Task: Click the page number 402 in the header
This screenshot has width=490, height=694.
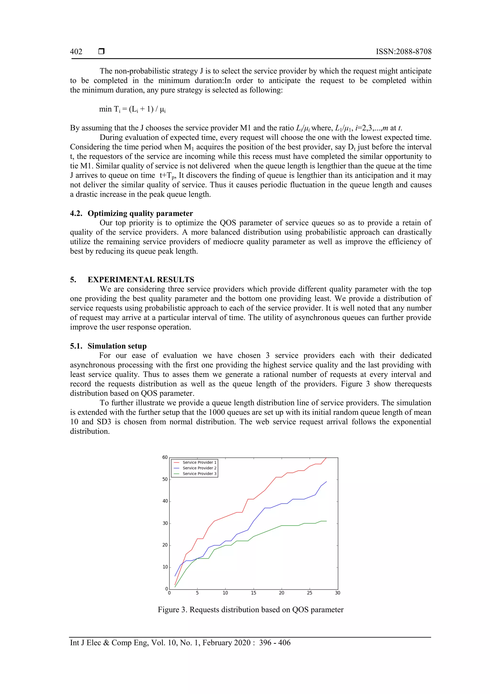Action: click(76, 52)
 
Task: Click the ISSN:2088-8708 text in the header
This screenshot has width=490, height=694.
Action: click(403, 52)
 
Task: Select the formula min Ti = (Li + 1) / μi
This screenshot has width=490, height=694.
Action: click(132, 109)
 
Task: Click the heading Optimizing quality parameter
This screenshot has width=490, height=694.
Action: click(140, 213)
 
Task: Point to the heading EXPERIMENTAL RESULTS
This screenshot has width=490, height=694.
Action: click(141, 280)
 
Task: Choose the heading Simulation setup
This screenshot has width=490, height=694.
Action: click(117, 346)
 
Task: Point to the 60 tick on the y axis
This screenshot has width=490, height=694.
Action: click(165, 457)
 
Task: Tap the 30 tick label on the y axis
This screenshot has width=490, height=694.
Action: click(165, 523)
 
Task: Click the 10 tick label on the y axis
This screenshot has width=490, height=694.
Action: click(165, 567)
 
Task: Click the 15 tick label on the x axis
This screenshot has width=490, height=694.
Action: click(253, 593)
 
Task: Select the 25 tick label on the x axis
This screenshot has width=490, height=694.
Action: click(309, 593)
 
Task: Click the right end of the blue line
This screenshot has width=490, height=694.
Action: click(326, 482)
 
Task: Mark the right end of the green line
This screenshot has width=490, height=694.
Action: click(326, 521)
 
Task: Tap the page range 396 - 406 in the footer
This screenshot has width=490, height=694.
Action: click(274, 643)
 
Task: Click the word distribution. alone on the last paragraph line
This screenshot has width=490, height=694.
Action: click(90, 431)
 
